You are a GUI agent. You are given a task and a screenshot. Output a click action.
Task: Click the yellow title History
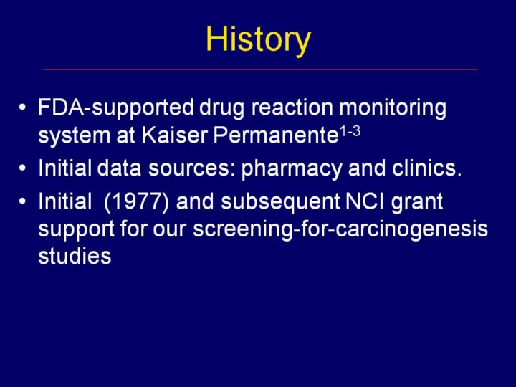click(258, 40)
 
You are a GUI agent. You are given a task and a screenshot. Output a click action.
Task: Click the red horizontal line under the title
click(260, 70)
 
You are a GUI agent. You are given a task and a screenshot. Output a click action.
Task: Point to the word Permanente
click(276, 135)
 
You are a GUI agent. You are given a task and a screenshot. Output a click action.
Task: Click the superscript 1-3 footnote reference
click(350, 132)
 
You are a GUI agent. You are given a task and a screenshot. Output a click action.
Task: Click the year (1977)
click(136, 201)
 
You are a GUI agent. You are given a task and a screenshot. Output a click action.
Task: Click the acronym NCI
click(365, 201)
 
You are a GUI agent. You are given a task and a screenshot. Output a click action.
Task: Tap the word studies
click(75, 256)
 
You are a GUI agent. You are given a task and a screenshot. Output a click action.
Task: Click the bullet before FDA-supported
click(22, 107)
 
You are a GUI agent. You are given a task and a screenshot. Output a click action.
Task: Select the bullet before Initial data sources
click(22, 168)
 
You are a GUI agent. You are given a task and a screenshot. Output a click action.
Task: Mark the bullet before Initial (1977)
click(22, 201)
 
